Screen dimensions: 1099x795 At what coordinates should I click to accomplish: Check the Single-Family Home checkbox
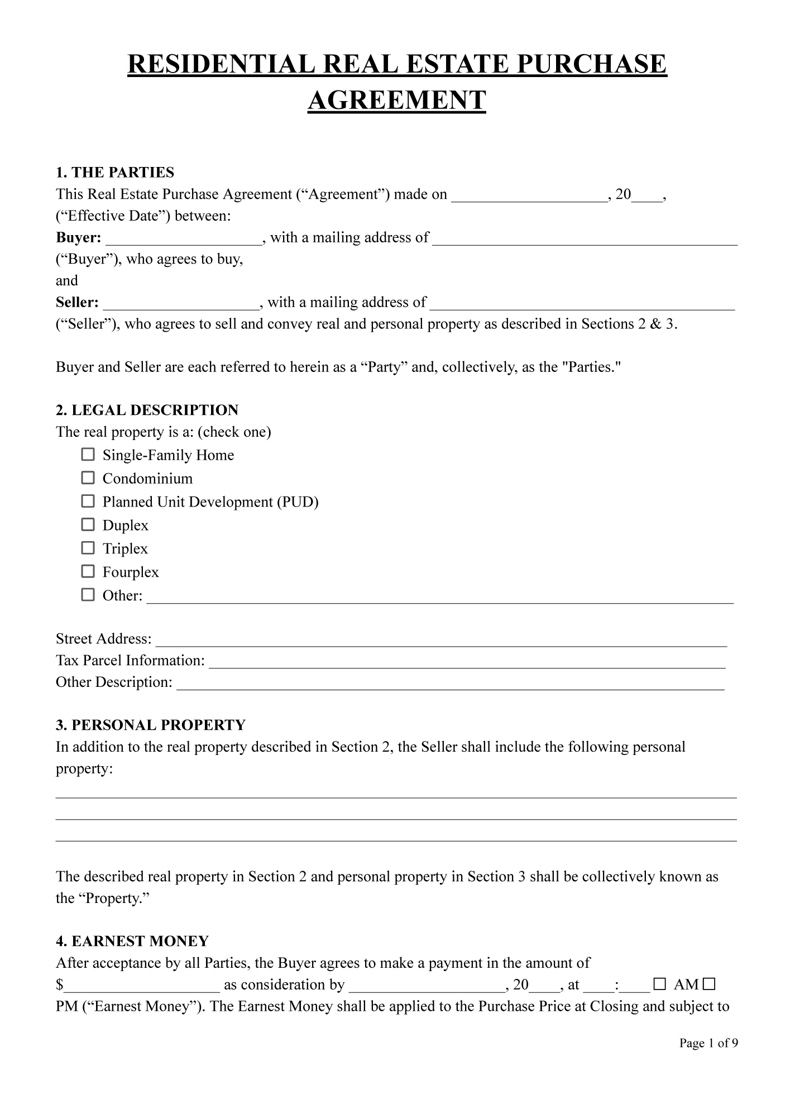point(88,455)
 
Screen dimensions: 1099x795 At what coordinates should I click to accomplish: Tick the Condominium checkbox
point(88,478)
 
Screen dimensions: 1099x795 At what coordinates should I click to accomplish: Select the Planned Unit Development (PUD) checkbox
point(88,501)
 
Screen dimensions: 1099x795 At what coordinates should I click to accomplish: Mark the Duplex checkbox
point(88,525)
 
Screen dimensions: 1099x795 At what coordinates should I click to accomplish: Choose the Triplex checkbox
point(88,548)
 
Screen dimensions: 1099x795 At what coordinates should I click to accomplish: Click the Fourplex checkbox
point(88,571)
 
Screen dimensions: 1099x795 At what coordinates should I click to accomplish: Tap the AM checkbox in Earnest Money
point(659,984)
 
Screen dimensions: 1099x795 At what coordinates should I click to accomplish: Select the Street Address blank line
point(441,641)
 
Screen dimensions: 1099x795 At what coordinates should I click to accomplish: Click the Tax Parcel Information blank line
point(467,663)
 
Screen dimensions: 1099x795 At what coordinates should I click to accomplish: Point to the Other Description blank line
point(450,685)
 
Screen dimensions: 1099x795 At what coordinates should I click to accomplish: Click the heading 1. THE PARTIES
point(115,172)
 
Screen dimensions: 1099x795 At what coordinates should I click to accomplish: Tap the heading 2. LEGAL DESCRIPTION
point(147,410)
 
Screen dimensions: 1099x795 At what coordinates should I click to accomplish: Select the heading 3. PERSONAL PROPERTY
point(151,725)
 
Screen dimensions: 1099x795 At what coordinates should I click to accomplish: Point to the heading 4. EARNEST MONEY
point(132,941)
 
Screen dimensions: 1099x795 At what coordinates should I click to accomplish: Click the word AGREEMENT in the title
point(397,101)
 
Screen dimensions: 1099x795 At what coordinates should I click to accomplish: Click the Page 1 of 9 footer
point(708,1043)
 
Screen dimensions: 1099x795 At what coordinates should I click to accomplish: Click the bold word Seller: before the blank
point(77,303)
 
